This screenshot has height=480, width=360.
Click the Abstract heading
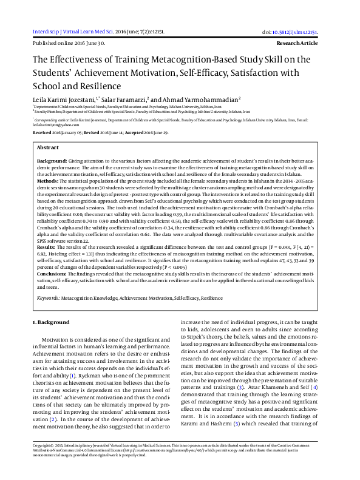[48, 147]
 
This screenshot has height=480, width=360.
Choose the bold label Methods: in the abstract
[49, 181]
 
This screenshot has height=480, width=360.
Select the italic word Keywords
[47, 299]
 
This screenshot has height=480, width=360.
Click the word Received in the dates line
[42, 132]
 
